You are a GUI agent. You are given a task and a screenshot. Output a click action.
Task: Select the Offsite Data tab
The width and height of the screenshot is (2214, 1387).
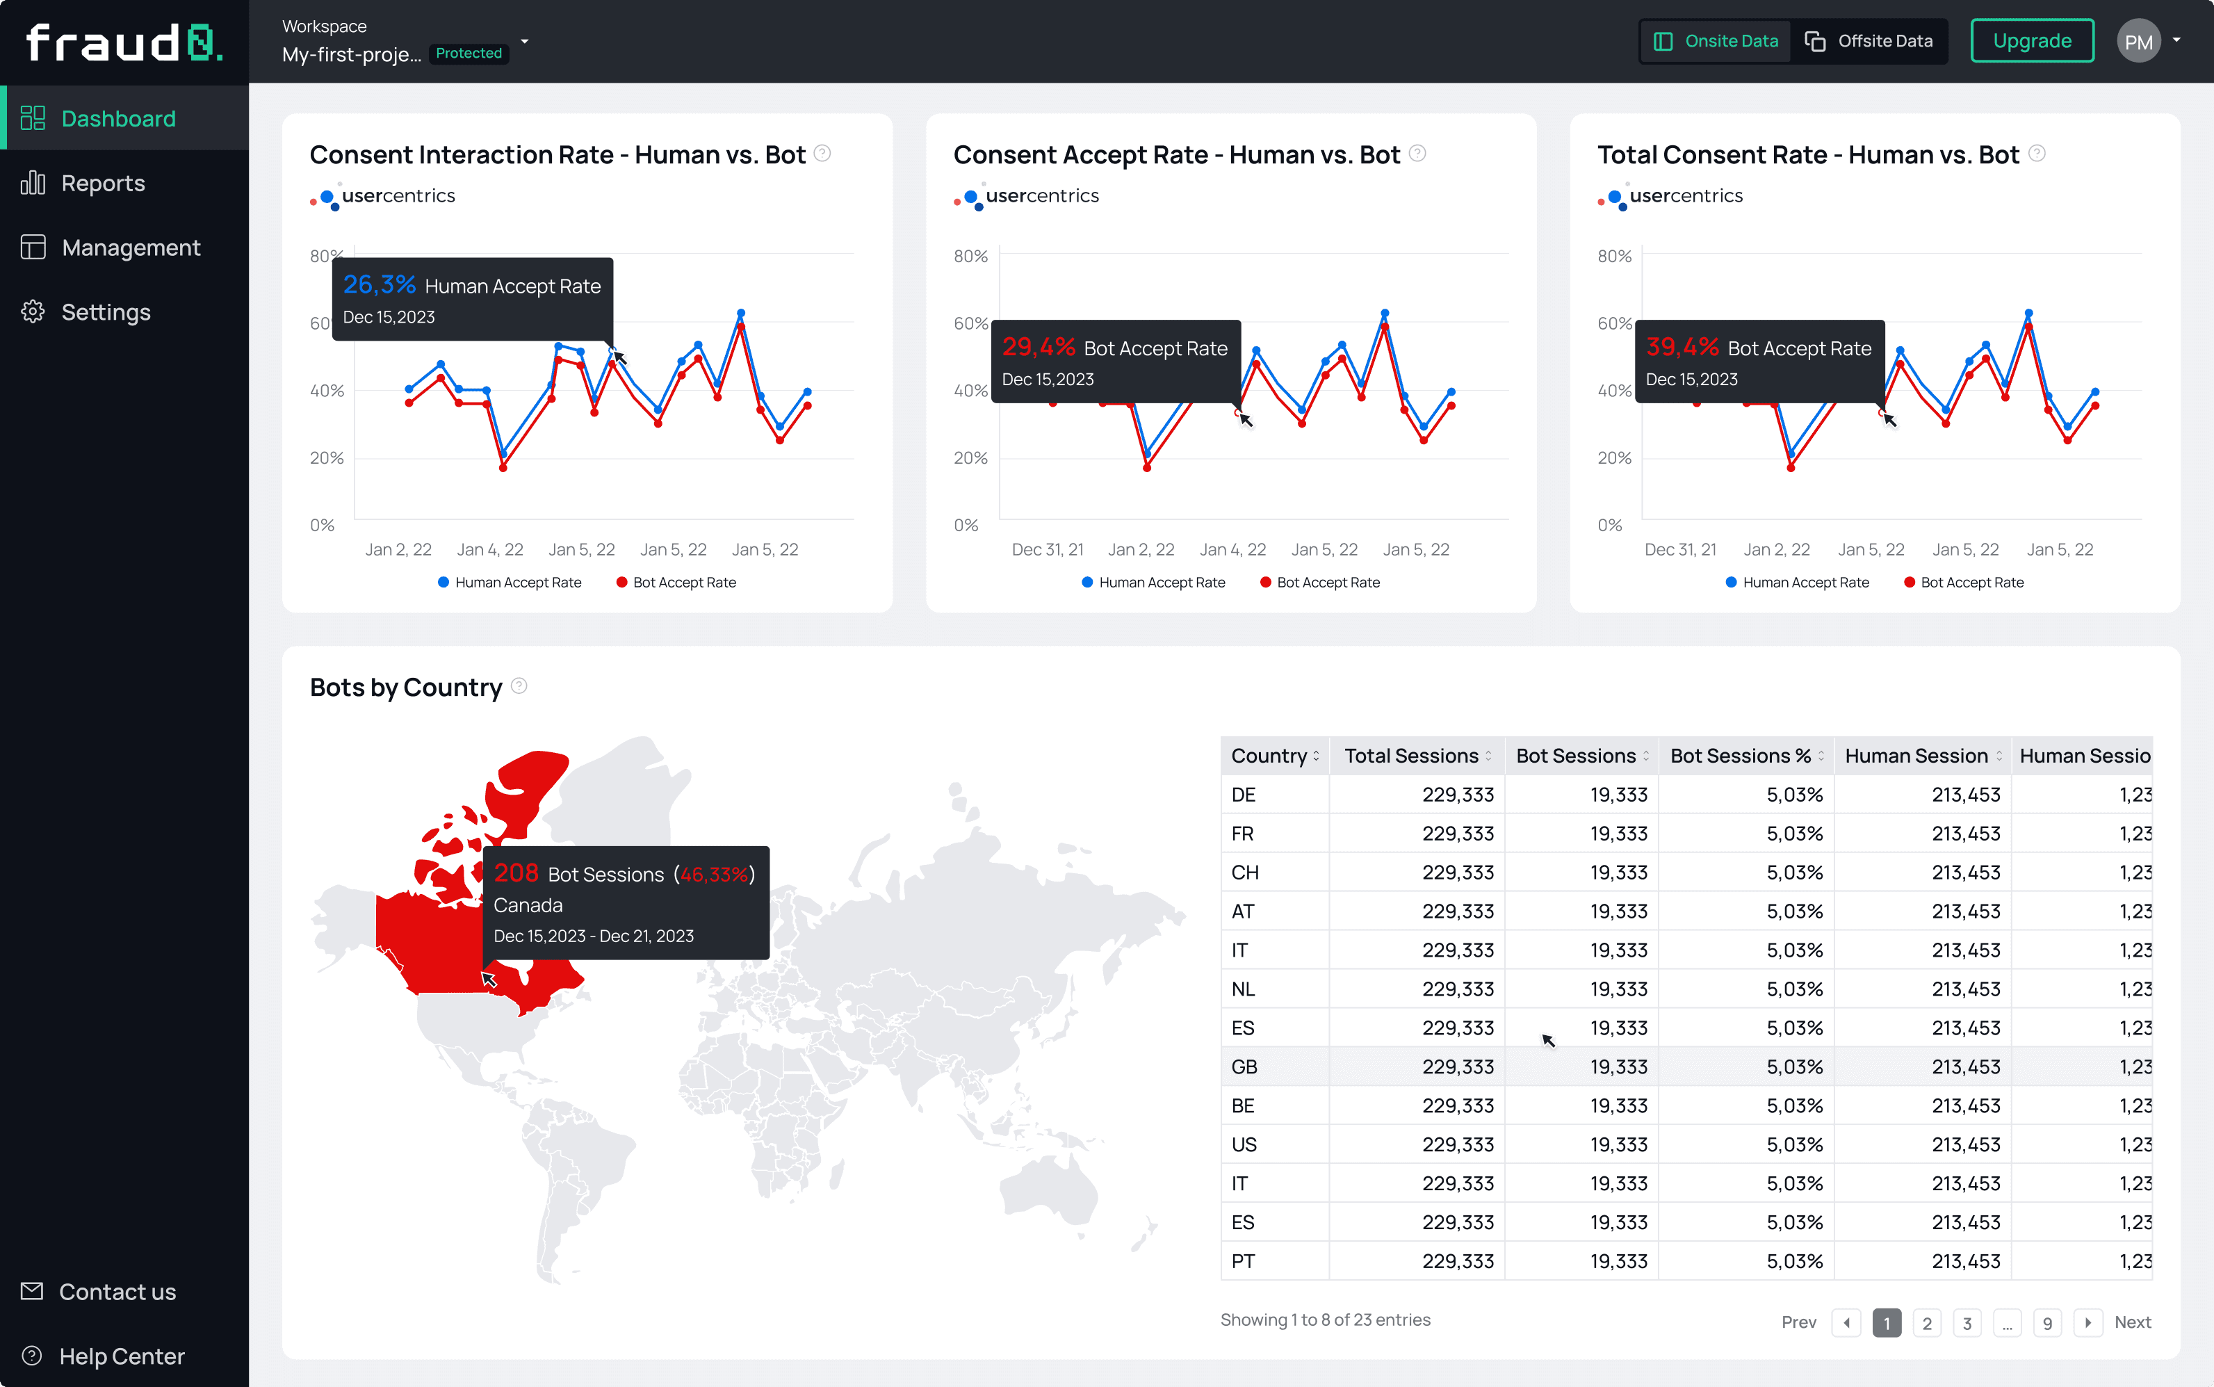point(1869,41)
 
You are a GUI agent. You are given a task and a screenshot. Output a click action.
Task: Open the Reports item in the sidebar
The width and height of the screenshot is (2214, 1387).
point(103,184)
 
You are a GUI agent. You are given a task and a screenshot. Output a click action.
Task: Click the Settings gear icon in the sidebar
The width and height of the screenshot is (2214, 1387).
point(33,312)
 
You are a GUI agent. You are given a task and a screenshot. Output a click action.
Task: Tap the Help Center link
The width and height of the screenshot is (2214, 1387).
point(122,1356)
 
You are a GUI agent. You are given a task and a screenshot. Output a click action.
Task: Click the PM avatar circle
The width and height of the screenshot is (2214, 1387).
point(2138,41)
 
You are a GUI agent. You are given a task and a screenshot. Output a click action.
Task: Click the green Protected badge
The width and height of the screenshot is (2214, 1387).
point(469,54)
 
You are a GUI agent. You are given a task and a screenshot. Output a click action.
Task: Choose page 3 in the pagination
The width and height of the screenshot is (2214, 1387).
point(1967,1323)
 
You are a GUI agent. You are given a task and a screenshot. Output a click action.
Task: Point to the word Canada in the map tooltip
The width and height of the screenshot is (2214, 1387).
point(528,905)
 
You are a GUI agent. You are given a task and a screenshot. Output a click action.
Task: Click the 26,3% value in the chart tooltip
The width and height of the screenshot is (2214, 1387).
point(380,285)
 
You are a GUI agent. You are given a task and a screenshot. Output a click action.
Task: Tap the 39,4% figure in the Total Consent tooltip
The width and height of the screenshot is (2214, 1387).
point(1682,348)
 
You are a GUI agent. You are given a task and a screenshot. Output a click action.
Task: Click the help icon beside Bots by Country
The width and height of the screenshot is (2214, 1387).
point(519,686)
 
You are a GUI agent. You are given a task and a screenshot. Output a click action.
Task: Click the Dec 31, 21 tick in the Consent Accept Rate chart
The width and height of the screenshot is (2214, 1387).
point(1048,549)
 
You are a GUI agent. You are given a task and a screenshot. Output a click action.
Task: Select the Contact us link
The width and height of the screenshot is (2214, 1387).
point(117,1292)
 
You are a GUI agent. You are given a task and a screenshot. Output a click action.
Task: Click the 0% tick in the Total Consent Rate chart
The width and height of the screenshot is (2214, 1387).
point(1610,526)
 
